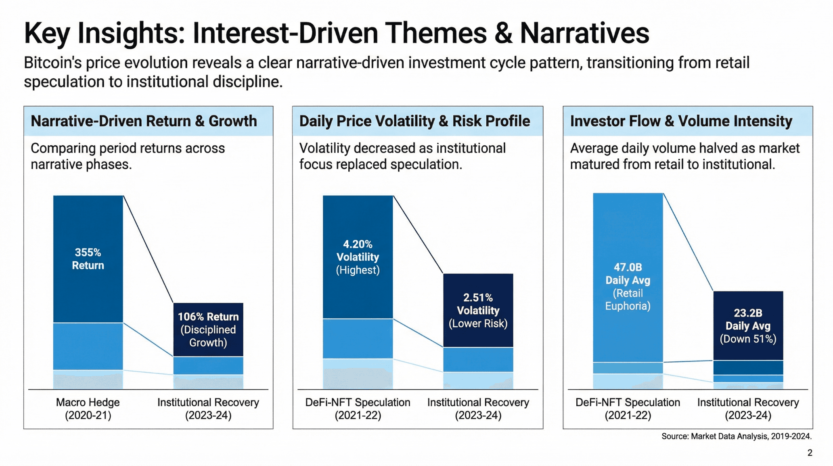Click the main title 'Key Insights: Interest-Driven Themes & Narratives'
tap(336, 33)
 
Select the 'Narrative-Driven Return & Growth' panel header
tap(144, 121)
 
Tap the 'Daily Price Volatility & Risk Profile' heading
tap(414, 121)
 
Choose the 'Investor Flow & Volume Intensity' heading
tap(681, 121)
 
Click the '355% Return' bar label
tap(88, 259)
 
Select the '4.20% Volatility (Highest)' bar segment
tap(358, 257)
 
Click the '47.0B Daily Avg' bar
tap(628, 279)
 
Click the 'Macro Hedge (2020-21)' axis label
tap(88, 409)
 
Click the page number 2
tap(810, 453)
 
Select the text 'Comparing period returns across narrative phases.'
tap(128, 156)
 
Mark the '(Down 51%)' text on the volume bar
tap(748, 339)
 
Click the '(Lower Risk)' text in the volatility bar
tap(478, 323)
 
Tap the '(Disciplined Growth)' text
tap(208, 336)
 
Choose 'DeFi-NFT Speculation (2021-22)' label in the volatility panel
tap(358, 409)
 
